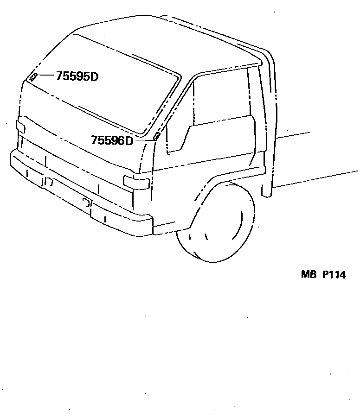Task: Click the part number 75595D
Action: tap(77, 76)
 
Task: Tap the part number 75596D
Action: tap(112, 140)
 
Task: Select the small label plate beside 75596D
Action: tap(157, 136)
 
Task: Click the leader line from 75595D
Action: tap(46, 75)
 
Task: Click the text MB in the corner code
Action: tap(308, 274)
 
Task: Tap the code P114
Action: tap(334, 274)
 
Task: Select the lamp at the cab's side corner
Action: tap(136, 182)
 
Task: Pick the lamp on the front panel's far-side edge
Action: tap(20, 127)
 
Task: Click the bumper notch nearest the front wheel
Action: tap(86, 202)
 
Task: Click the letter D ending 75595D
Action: tap(94, 76)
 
